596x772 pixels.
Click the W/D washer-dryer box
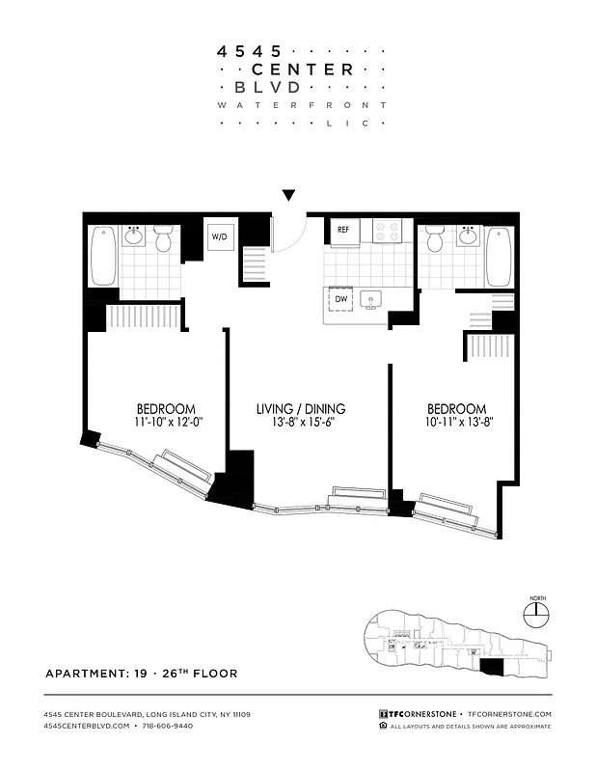coord(219,236)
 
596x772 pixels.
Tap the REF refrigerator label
coord(343,230)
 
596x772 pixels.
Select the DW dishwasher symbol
coord(340,300)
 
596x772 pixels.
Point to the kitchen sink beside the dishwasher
coord(372,301)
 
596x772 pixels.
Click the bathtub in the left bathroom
coord(103,256)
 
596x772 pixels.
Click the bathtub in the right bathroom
coord(499,256)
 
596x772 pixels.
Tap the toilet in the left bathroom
coord(163,238)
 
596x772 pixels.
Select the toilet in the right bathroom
coord(435,238)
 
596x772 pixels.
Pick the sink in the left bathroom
coord(133,236)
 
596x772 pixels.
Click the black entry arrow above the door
coord(288,196)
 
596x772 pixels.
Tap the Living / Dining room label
coord(301,409)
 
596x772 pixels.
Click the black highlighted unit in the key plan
coord(491,666)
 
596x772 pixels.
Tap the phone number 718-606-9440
coord(166,725)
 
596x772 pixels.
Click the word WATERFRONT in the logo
coord(302,104)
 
